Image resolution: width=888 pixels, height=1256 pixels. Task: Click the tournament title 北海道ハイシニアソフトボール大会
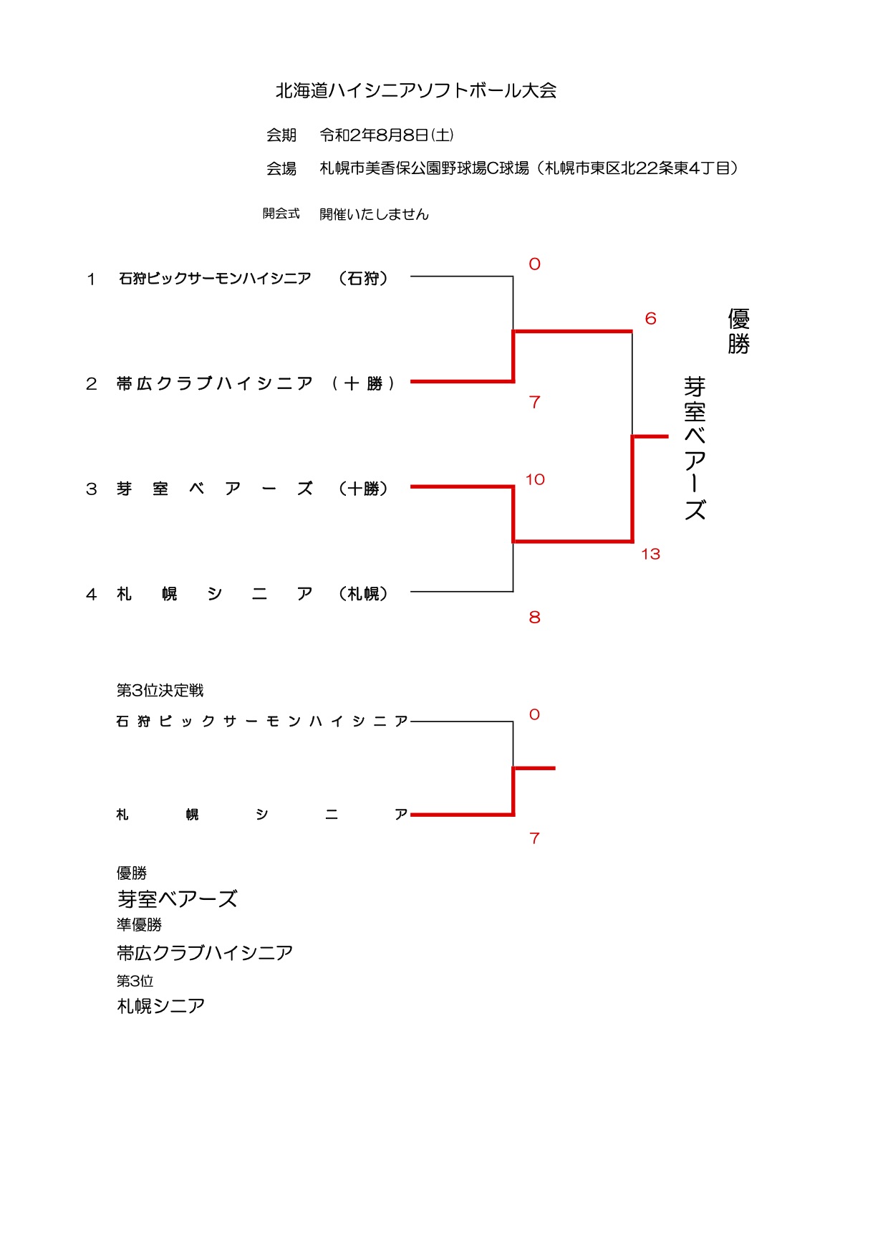tap(416, 90)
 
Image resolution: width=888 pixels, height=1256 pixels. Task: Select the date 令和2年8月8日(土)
tap(386, 135)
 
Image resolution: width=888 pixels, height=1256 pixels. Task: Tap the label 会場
tap(281, 168)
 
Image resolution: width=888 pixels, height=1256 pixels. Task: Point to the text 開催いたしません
tap(374, 214)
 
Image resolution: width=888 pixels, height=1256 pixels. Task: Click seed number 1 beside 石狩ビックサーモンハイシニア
tap(91, 279)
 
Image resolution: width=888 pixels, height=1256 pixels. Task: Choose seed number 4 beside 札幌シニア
tap(91, 594)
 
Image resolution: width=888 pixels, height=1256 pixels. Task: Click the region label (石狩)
tap(363, 278)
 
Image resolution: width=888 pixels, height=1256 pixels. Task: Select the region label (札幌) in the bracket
tap(363, 593)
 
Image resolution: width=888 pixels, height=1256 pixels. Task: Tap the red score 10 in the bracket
tap(535, 479)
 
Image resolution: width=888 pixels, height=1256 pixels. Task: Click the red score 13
tap(650, 554)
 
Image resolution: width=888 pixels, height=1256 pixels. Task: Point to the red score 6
tap(650, 318)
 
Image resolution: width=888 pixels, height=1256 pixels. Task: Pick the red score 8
tap(534, 617)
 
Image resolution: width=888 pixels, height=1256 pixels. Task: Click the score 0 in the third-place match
tap(534, 714)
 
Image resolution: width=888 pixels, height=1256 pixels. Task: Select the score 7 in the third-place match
tap(534, 838)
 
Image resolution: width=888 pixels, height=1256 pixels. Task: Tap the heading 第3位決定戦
tap(160, 690)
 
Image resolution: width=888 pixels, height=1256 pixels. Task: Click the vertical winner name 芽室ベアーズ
tap(695, 448)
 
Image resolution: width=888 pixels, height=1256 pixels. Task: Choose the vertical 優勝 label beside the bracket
tap(738, 331)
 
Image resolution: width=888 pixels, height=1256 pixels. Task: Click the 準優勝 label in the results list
tap(139, 924)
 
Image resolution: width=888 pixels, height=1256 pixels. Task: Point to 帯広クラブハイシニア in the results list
tap(205, 952)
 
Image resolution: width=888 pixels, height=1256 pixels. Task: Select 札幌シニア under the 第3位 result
tap(160, 1006)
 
